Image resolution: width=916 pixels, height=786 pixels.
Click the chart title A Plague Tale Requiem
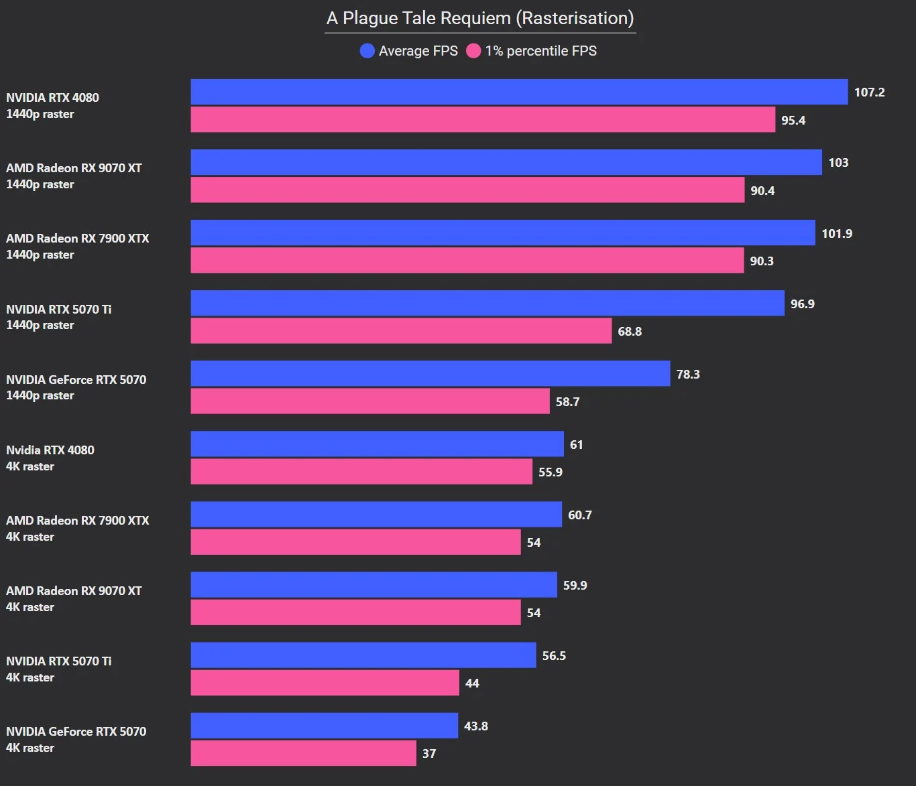point(480,18)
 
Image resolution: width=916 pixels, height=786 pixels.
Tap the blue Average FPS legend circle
point(367,51)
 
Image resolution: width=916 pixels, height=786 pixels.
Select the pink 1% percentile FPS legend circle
point(473,51)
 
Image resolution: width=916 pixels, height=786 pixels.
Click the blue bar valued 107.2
point(519,92)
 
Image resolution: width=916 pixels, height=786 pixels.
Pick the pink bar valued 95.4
point(483,120)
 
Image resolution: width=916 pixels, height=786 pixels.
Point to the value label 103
point(838,163)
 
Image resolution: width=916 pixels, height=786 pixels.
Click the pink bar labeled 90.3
point(467,261)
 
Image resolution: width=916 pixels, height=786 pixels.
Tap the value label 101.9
point(837,233)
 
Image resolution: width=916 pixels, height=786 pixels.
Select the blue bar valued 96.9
point(488,303)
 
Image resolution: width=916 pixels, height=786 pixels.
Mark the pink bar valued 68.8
point(401,331)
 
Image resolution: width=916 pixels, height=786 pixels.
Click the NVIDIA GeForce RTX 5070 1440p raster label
point(76,387)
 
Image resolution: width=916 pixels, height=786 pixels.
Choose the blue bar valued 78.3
point(430,373)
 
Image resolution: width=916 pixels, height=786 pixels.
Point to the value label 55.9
point(550,472)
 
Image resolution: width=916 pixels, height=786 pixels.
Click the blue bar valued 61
point(377,444)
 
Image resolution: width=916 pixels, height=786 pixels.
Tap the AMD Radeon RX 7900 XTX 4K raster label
point(77,528)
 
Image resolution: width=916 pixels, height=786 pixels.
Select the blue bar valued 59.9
point(374,584)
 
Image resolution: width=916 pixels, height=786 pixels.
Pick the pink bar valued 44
point(325,683)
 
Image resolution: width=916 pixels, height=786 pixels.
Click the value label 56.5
point(554,655)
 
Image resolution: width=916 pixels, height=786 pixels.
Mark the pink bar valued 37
point(303,753)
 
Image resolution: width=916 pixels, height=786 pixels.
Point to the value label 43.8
point(475,726)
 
